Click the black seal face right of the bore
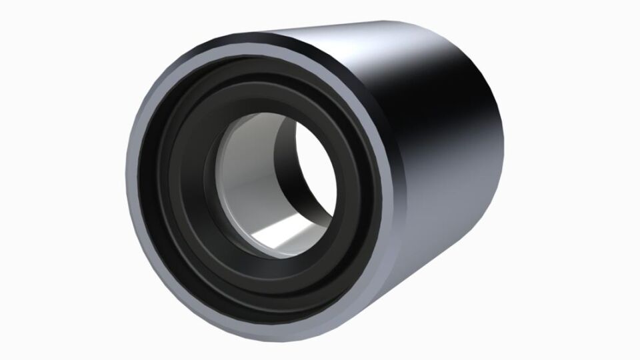(x=367, y=193)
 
